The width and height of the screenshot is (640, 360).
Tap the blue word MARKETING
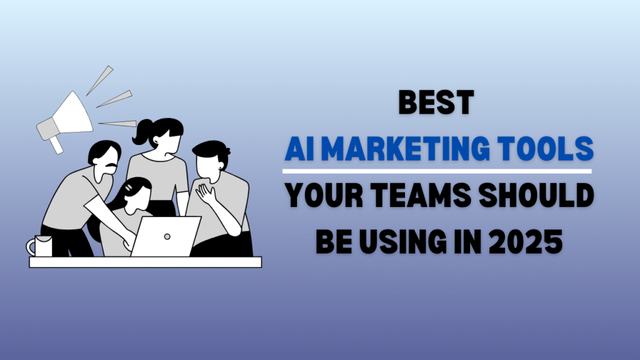click(x=406, y=149)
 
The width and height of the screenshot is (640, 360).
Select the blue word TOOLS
click(x=546, y=149)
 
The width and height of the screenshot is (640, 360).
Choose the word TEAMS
click(x=421, y=195)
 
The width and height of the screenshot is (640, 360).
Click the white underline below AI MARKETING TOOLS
click(x=437, y=171)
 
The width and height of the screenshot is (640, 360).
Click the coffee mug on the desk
click(x=40, y=246)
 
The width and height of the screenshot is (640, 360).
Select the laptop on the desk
click(x=165, y=236)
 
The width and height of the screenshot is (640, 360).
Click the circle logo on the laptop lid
click(x=167, y=237)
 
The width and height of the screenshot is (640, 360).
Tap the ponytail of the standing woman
click(x=141, y=132)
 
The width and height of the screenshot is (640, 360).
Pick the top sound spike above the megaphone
click(x=99, y=81)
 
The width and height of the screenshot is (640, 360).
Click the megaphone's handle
click(x=56, y=145)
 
